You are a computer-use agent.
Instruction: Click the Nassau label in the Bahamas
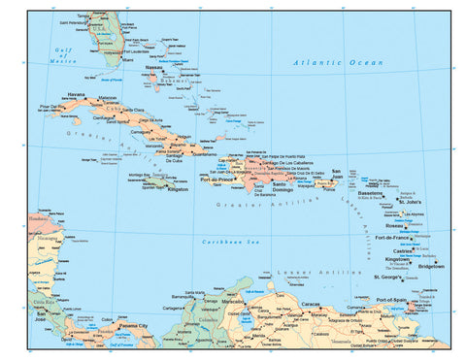[x=153, y=68]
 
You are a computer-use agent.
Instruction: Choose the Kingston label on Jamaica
[x=178, y=189]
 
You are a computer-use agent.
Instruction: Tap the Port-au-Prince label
[x=216, y=180]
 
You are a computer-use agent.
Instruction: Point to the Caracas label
[x=310, y=304]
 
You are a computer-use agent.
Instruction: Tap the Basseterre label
[x=371, y=193]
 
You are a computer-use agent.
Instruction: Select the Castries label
[x=403, y=249]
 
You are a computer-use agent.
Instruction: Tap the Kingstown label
[x=397, y=259]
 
